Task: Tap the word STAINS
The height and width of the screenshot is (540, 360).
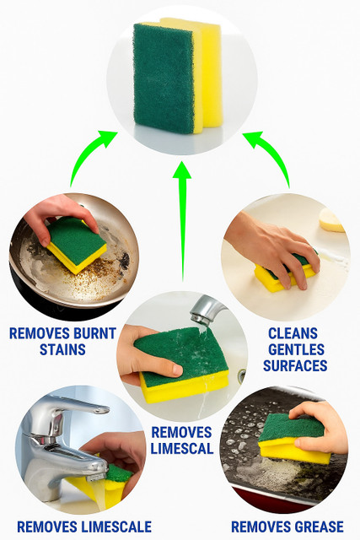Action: tap(62, 349)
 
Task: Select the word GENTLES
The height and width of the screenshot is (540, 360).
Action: tap(296, 349)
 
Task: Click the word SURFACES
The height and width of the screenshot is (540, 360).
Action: tap(295, 365)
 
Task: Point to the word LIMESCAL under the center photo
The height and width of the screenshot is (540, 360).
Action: tap(182, 448)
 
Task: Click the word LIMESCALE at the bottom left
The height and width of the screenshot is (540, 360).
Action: tap(116, 526)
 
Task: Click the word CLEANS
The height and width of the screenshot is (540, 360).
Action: tap(293, 333)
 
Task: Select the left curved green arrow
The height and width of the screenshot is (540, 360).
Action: tap(87, 152)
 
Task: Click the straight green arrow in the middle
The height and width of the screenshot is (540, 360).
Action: tap(182, 220)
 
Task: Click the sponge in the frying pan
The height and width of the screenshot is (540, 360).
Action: tap(77, 246)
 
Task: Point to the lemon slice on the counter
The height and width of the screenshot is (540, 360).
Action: tap(331, 220)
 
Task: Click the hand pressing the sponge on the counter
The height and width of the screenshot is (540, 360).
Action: tap(276, 246)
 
